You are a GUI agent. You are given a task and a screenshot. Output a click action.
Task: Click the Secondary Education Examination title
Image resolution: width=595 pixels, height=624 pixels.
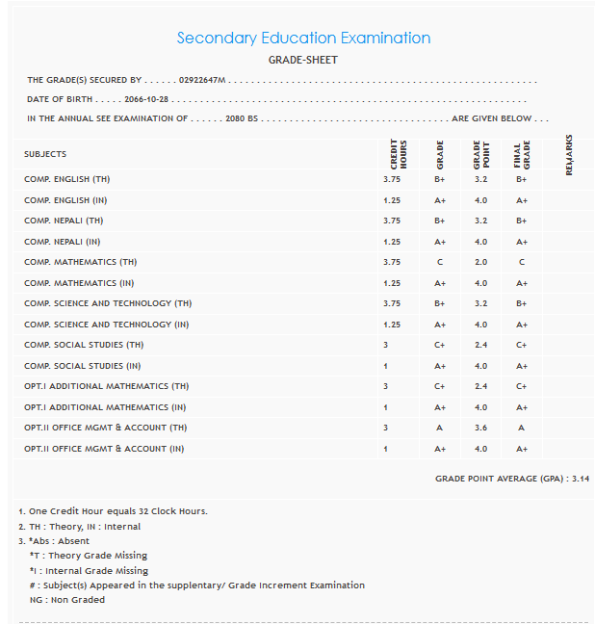[303, 39]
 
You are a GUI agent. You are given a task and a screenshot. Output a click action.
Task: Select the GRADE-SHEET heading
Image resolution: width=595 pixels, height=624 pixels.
[302, 61]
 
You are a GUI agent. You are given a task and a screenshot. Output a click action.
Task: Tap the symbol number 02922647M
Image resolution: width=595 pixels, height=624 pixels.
[202, 81]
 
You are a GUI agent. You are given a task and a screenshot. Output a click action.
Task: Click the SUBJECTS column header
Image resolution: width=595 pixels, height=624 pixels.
[45, 154]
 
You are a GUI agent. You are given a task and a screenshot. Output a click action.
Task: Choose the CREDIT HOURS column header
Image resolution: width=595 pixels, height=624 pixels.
[399, 154]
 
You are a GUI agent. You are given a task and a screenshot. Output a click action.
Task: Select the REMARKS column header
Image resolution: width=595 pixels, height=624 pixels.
[569, 154]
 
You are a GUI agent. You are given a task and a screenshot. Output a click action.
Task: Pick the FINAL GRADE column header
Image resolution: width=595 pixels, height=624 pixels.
[521, 154]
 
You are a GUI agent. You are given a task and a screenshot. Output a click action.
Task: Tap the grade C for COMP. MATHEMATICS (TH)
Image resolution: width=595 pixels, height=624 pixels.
[440, 262]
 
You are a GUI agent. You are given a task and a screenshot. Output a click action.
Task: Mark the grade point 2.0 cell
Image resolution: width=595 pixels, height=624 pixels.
[480, 262]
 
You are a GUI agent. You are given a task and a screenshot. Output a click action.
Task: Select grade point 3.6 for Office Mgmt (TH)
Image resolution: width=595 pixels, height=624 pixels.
[480, 428]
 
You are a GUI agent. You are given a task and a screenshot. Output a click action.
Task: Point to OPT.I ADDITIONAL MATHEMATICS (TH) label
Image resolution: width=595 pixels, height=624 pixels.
[107, 386]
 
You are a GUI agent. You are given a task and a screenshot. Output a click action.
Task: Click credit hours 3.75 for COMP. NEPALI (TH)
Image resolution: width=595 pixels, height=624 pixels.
[391, 221]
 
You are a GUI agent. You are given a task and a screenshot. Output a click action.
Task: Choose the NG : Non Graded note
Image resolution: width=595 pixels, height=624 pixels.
[67, 600]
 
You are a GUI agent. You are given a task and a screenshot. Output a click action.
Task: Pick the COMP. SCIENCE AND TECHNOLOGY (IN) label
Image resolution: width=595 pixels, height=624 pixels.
[107, 325]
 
